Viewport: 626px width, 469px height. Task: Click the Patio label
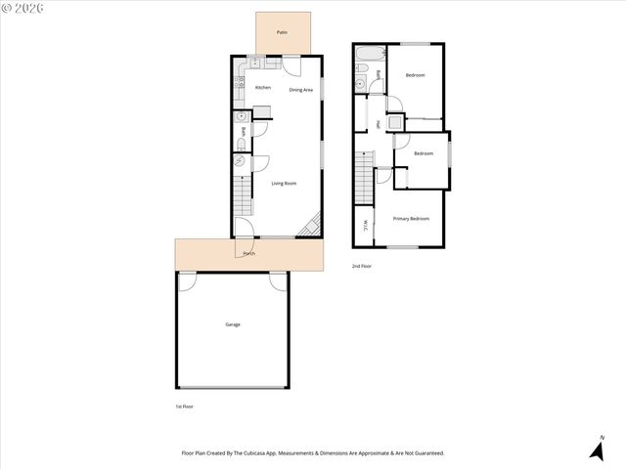tap(282, 33)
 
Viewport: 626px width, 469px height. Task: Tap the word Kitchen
tap(263, 88)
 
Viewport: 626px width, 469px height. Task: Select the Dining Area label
tap(300, 90)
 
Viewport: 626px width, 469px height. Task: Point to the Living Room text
tap(284, 183)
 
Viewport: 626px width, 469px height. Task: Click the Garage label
tap(233, 324)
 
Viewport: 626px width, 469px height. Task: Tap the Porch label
tap(249, 255)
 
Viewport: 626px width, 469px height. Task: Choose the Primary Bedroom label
tap(411, 219)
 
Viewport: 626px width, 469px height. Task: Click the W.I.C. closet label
tap(364, 225)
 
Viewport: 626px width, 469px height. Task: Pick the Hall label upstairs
tap(379, 124)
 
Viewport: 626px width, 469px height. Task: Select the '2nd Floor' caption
tap(363, 266)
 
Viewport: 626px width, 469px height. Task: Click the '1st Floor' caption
tap(184, 406)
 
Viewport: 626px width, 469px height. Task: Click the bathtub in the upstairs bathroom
tap(371, 51)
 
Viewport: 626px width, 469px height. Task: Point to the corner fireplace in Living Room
tap(312, 227)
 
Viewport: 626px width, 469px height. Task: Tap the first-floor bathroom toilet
tap(242, 149)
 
